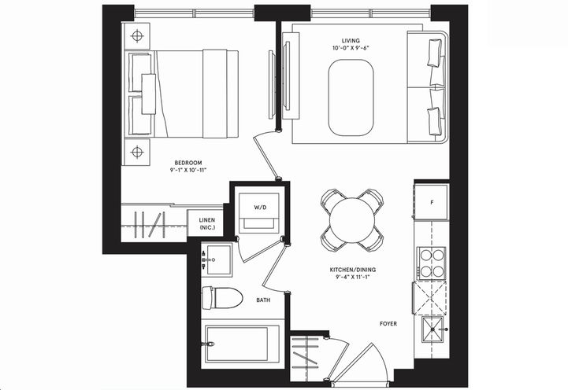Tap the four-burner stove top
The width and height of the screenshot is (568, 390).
pyautogui.click(x=431, y=263)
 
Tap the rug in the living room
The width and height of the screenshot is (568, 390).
pyautogui.click(x=351, y=97)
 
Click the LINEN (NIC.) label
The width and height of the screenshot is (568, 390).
pyautogui.click(x=206, y=224)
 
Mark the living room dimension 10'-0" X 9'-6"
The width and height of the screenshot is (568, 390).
pyautogui.click(x=350, y=47)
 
